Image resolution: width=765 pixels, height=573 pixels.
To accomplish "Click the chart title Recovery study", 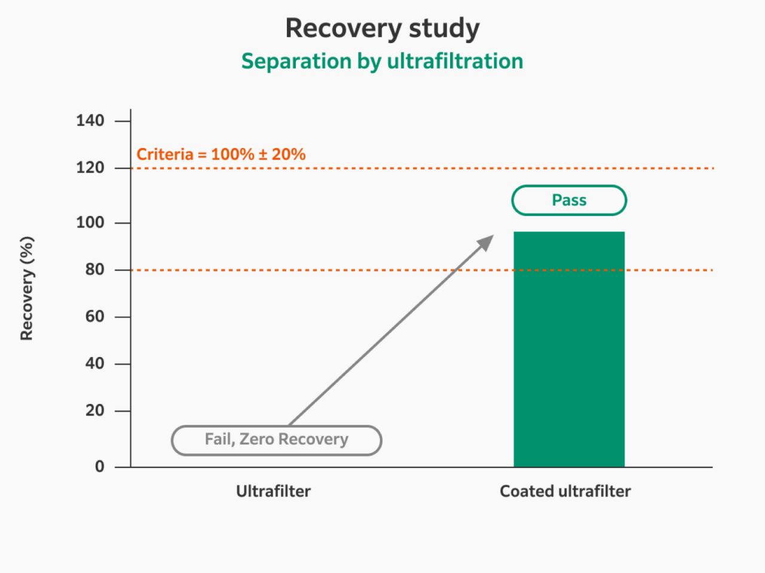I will (x=382, y=28).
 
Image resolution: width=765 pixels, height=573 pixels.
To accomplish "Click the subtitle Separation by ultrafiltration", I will (x=382, y=61).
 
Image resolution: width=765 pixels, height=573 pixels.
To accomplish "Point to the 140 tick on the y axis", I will (x=90, y=121).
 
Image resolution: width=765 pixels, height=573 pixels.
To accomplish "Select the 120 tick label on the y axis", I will (x=90, y=168).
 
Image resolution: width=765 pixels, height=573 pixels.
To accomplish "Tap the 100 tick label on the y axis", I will (x=90, y=223).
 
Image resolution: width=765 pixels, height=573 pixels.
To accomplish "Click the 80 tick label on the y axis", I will (x=94, y=270).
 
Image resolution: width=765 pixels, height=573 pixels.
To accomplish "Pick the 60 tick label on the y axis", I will (x=94, y=316).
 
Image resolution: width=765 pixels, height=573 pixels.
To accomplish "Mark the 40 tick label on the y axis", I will (x=94, y=363).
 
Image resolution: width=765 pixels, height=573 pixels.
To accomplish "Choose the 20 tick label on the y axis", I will (x=94, y=411).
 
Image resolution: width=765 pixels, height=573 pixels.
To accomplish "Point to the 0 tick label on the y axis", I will (x=100, y=467).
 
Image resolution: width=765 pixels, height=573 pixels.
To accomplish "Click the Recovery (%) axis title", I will (x=27, y=289).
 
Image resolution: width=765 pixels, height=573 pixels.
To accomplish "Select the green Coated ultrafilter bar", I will (x=569, y=349).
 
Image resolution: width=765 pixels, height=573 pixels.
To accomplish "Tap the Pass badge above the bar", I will (x=569, y=201).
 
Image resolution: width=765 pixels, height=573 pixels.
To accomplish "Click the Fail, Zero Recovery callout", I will (x=276, y=440).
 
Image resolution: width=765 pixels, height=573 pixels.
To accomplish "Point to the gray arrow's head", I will (x=487, y=241).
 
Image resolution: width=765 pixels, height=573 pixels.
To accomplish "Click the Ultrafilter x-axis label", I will (x=273, y=491).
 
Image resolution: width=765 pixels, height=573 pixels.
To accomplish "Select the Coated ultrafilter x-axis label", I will (x=565, y=491).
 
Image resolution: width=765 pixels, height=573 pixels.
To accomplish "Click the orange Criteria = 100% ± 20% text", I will (x=221, y=155).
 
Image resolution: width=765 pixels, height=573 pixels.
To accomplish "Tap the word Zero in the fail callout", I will (x=256, y=439).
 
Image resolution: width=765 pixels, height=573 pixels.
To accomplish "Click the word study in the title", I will (x=444, y=29).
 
